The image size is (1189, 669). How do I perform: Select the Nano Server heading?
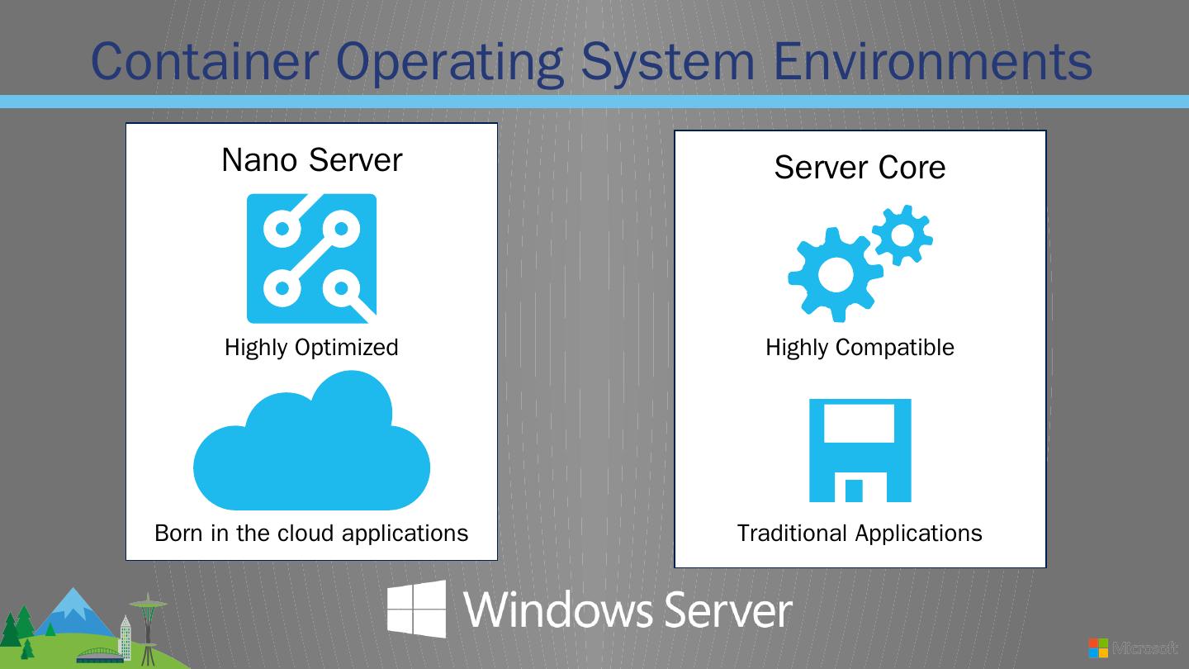311,159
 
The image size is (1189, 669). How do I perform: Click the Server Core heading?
860,168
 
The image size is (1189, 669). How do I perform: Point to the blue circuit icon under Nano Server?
311,259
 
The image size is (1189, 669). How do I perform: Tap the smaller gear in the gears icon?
902,235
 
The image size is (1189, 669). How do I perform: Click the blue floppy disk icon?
860,450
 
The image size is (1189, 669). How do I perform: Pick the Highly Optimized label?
311,348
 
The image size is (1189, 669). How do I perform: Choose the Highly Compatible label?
860,348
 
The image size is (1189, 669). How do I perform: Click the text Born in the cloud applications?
311,534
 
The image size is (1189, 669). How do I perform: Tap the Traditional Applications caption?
860,534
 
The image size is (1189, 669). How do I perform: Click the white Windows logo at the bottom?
417,610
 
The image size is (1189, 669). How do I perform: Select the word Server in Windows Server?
727,610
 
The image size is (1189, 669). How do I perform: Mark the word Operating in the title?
450,63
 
